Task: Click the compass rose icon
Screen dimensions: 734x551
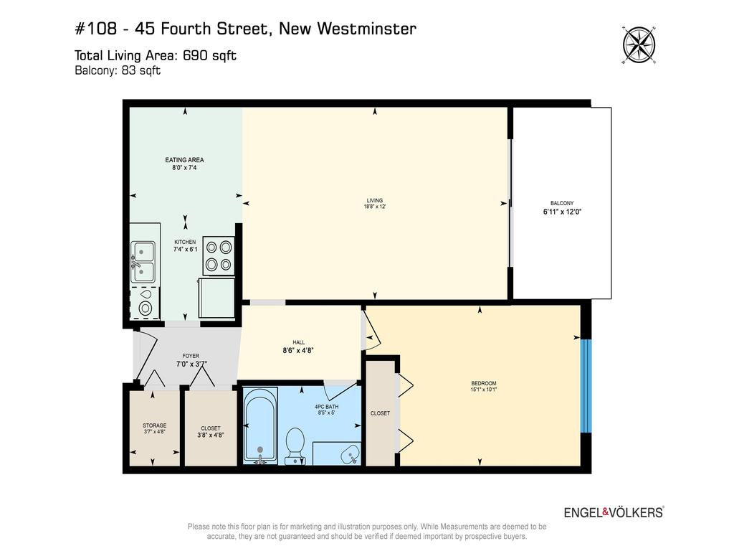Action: pyautogui.click(x=639, y=45)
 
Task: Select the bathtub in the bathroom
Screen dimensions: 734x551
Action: pyautogui.click(x=260, y=426)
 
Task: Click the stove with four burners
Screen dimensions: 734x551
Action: pyautogui.click(x=219, y=256)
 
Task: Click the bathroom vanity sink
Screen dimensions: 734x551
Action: pyautogui.click(x=349, y=454)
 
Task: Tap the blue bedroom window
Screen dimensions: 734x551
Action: pyautogui.click(x=586, y=385)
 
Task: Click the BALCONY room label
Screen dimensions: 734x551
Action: pyautogui.click(x=562, y=203)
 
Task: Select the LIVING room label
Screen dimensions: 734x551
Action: pyautogui.click(x=374, y=201)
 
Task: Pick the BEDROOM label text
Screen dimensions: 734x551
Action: pyautogui.click(x=484, y=383)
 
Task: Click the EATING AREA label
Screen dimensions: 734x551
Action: pyautogui.click(x=184, y=160)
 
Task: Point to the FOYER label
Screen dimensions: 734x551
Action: pyautogui.click(x=191, y=356)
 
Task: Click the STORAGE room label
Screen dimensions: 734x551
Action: pyautogui.click(x=155, y=425)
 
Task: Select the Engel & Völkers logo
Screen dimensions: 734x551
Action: pyautogui.click(x=614, y=512)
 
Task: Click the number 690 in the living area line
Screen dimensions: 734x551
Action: pyautogui.click(x=195, y=55)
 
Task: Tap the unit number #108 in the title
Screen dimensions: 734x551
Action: pyautogui.click(x=96, y=29)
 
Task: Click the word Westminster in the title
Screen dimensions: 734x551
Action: pyautogui.click(x=366, y=29)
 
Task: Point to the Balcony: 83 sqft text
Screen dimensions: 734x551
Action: pyautogui.click(x=118, y=70)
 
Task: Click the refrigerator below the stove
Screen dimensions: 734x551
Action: pyautogui.click(x=216, y=298)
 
